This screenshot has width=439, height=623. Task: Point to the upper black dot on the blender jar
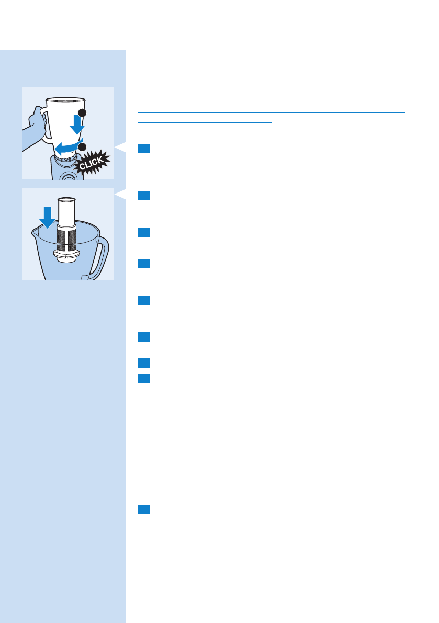82,113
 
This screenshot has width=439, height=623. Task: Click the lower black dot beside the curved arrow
82,147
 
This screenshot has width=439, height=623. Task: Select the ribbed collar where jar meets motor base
65,158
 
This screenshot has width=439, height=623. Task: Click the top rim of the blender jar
65,99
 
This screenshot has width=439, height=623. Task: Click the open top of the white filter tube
66,199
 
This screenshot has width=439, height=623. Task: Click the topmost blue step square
145,149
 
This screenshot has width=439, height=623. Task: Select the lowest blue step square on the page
145,509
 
